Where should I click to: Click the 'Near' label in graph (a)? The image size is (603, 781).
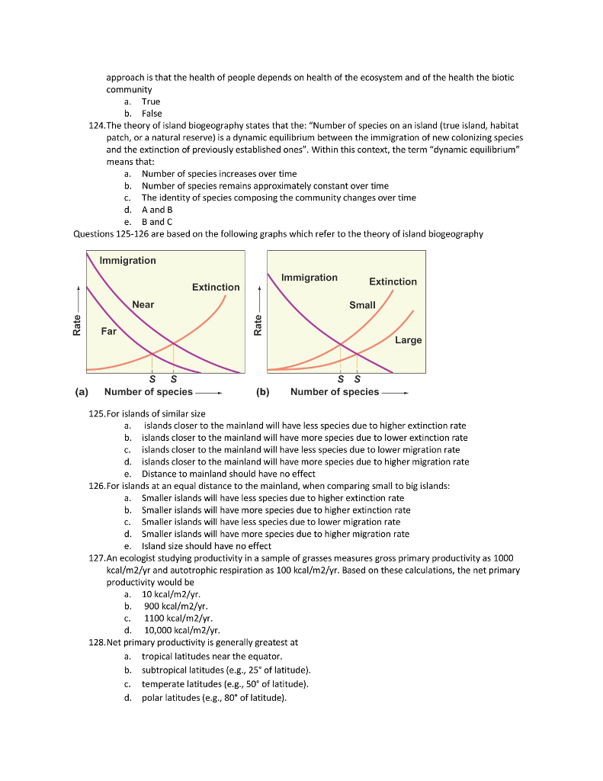point(143,304)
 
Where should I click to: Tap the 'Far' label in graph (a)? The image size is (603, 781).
point(109,331)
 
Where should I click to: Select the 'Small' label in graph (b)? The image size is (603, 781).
point(362,305)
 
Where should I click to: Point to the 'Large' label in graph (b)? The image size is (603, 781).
point(408,340)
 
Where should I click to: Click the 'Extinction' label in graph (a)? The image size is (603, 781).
point(216,287)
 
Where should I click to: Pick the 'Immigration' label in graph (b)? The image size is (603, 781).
point(309,278)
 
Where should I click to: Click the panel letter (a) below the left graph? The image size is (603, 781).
point(81,392)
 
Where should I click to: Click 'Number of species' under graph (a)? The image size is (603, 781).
point(148,392)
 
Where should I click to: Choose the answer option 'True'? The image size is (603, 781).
point(151,101)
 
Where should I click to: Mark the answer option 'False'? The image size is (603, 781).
point(152,114)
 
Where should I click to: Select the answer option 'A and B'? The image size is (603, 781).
point(158,210)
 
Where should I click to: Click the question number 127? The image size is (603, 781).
point(97,558)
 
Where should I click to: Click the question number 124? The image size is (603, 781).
point(97,125)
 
